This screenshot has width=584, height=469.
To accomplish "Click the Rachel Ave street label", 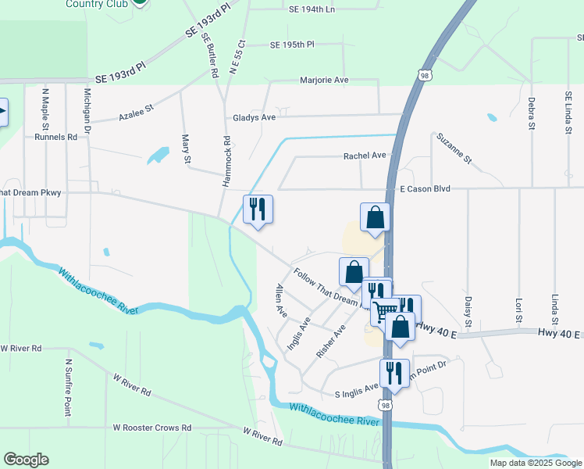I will pos(365,156).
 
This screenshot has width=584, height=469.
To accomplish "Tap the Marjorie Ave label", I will pos(324,80).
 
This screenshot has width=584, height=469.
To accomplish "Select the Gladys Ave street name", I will pos(255,117).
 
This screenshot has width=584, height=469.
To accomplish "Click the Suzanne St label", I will pos(454,149).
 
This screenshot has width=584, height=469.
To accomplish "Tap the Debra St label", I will pos(531,113).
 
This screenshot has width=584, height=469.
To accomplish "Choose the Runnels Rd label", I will pos(56,136).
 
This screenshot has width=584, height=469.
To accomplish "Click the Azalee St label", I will pos(137,114).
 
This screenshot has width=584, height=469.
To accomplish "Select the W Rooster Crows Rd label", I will pos(151,428).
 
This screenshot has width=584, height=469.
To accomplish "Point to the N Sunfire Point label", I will pos(69,388).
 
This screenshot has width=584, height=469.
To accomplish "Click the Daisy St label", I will pos(468,311).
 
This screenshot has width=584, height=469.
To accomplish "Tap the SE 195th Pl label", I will pos(292,45).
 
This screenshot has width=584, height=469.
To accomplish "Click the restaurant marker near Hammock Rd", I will pos(258,209).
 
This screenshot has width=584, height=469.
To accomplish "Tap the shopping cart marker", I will pos(384,311).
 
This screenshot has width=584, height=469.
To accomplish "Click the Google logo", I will pos(26,460).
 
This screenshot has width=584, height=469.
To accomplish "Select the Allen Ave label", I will pos(280,301).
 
